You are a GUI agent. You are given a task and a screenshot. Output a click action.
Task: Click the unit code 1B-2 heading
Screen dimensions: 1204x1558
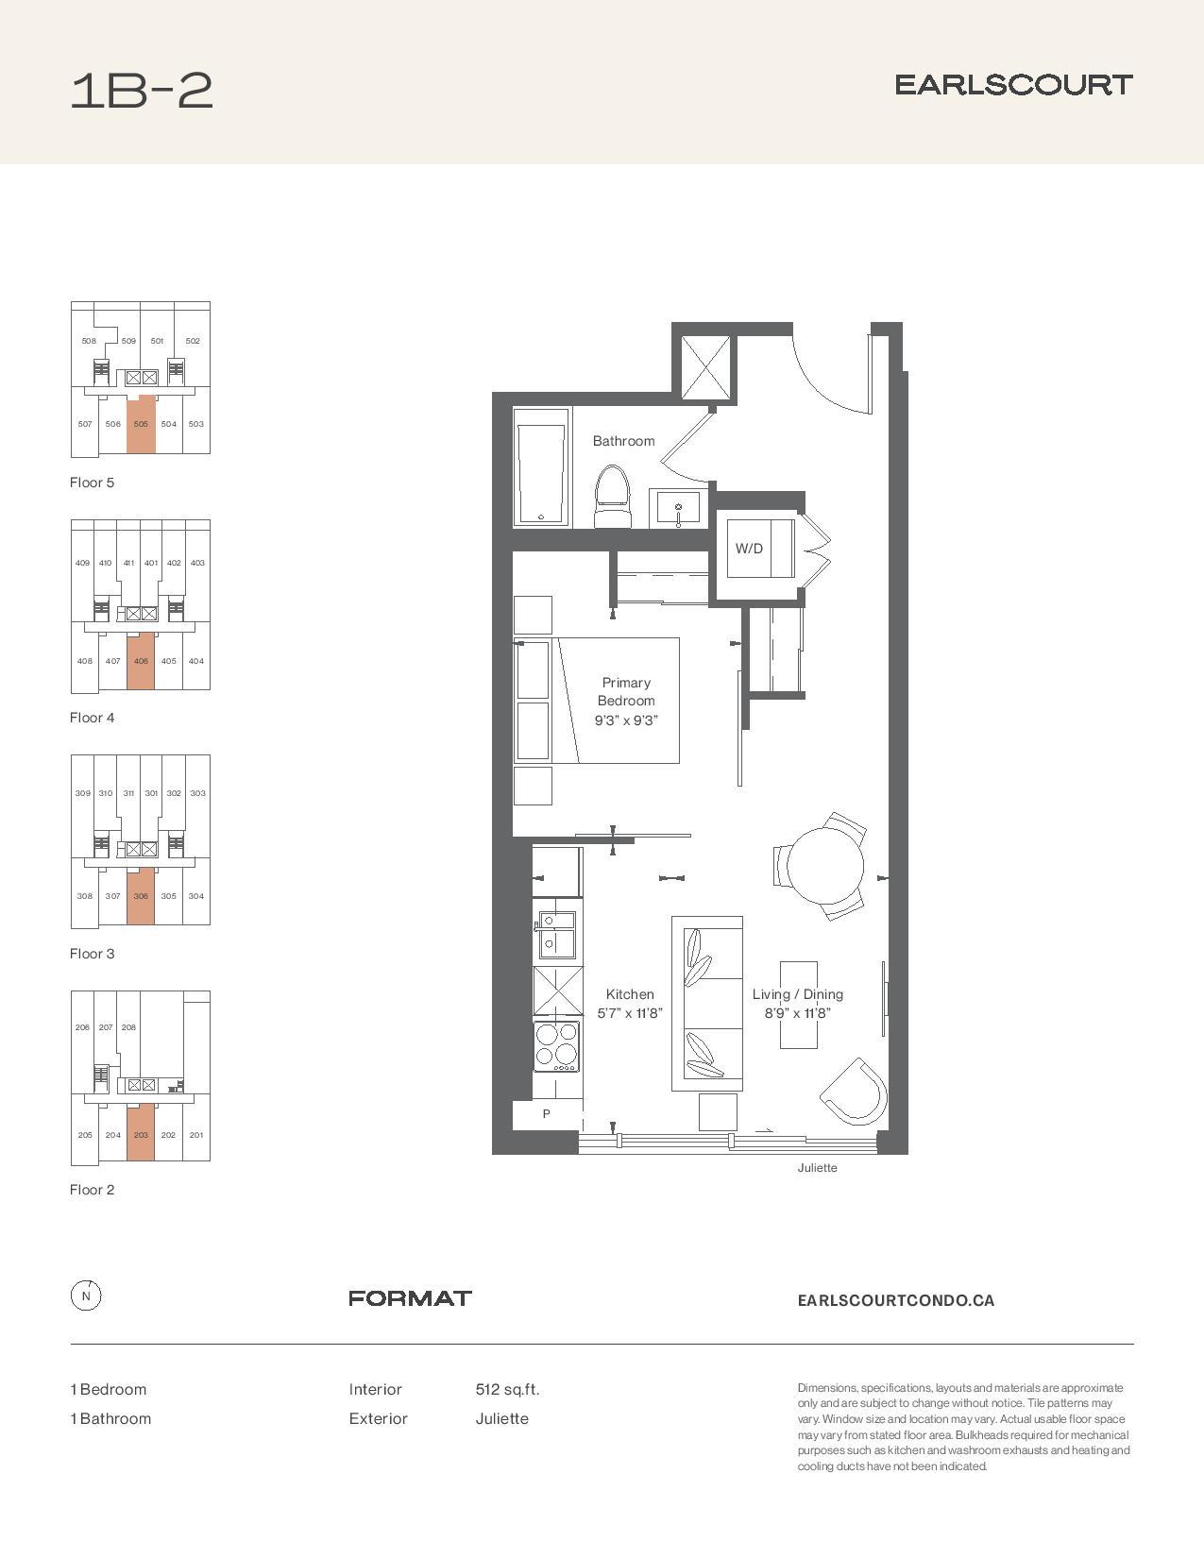coord(142,91)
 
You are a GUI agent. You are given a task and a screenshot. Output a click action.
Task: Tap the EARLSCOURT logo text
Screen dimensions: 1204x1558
coord(1014,85)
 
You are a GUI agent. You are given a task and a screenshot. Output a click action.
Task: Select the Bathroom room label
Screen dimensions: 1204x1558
coord(623,441)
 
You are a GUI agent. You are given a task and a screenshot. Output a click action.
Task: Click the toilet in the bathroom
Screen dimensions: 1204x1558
coord(613,496)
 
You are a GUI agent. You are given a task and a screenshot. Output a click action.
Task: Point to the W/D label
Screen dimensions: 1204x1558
coord(749,549)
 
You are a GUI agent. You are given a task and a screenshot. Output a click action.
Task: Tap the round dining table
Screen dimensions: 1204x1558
coord(824,865)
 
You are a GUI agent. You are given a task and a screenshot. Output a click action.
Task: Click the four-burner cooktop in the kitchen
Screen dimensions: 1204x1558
coord(556,1046)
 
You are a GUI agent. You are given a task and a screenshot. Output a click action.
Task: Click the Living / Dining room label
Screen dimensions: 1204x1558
coord(797,993)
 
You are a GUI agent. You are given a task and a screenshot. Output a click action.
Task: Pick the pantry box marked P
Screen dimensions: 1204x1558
coord(547,1113)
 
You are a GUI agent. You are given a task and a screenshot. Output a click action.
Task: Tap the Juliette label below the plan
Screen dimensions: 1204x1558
coord(817,1167)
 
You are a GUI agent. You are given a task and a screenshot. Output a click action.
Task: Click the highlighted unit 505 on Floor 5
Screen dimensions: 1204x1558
coord(141,424)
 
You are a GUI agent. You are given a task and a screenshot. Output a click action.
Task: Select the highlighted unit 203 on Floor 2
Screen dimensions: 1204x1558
coord(141,1132)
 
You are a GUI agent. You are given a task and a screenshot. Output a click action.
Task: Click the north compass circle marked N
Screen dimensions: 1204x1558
coord(86,1296)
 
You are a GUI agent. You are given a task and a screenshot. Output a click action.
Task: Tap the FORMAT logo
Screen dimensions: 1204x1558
coord(410,1297)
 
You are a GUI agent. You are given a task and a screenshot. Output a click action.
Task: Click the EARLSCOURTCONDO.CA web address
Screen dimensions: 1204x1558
coord(895,1300)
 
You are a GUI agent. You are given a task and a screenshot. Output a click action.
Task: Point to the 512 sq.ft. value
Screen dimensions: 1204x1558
coord(507,1389)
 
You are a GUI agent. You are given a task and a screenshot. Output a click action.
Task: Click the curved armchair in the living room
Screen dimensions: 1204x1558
coord(855,1091)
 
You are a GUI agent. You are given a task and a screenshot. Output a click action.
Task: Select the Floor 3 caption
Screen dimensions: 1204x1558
coord(92,953)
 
